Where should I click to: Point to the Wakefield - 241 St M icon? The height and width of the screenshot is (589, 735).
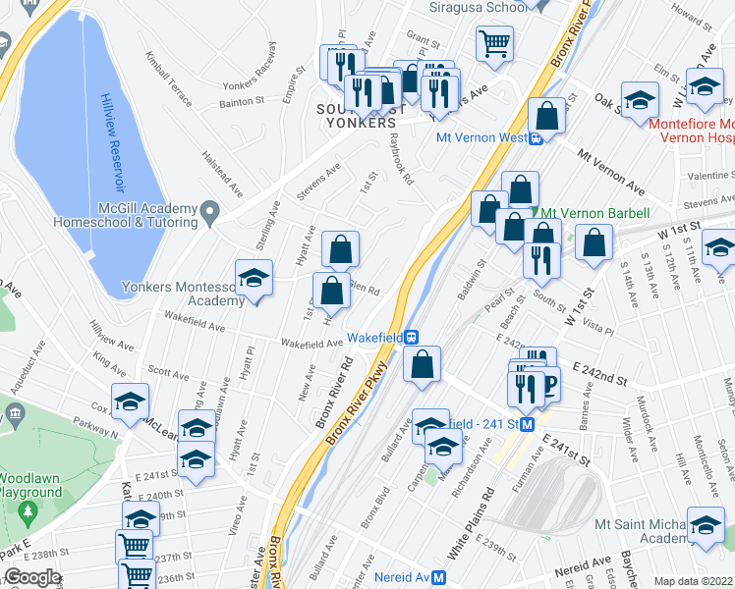tap(527, 424)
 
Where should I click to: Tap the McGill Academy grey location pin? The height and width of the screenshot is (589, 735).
tap(208, 211)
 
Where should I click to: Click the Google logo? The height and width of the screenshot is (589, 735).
tap(32, 577)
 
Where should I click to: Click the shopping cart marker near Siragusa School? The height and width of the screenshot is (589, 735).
tap(494, 42)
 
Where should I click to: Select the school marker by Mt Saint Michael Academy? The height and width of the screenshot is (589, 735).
tap(706, 524)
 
